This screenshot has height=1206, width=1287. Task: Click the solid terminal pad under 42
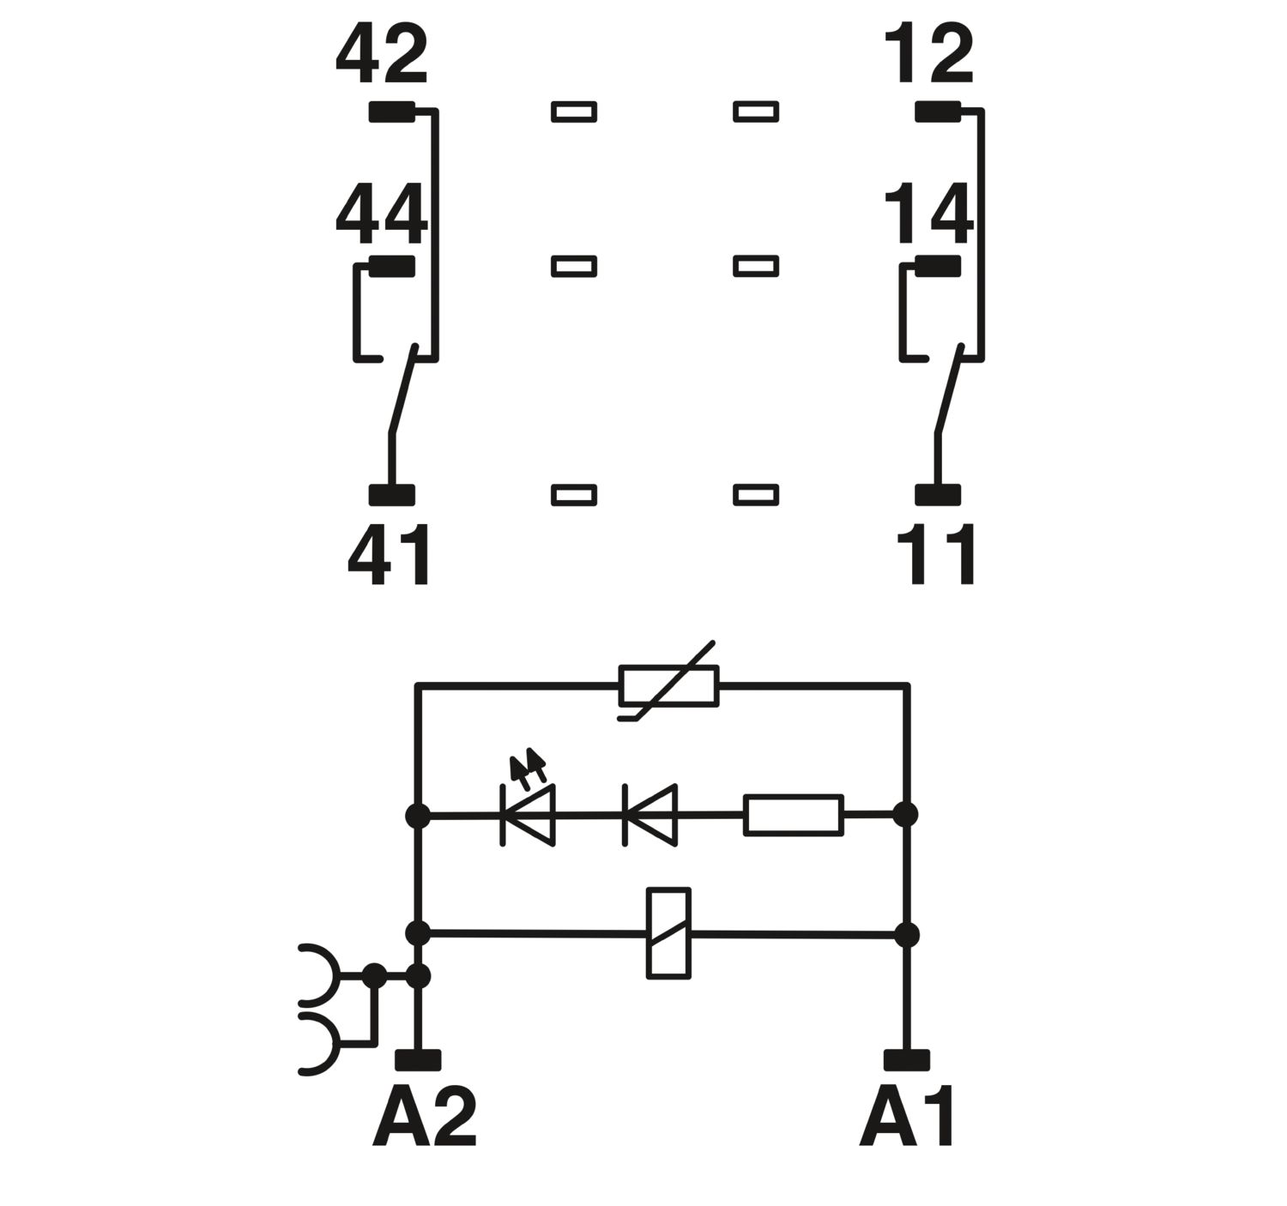pyautogui.click(x=391, y=112)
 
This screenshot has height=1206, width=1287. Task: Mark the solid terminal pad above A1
pyautogui.click(x=907, y=1060)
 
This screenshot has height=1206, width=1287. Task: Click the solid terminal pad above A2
pyautogui.click(x=418, y=1060)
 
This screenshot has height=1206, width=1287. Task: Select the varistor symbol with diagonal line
pyautogui.click(x=668, y=686)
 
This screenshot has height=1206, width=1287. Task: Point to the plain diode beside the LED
pyautogui.click(x=650, y=815)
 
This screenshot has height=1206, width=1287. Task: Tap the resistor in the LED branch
pyautogui.click(x=794, y=815)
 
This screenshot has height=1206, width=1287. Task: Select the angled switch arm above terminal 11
pyautogui.click(x=949, y=389)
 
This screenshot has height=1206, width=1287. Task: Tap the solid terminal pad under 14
pyautogui.click(x=938, y=267)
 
